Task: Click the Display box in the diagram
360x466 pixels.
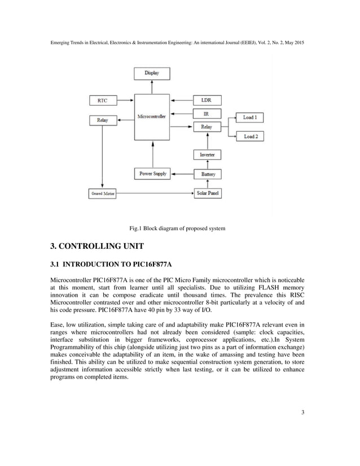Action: [x=151, y=73]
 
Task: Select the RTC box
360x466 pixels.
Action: [x=103, y=100]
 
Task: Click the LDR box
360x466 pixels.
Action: [x=207, y=100]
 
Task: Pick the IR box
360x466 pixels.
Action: [x=207, y=114]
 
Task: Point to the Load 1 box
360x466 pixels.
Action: [x=249, y=117]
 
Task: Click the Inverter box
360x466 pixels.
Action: [x=207, y=155]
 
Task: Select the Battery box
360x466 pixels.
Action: [x=207, y=174]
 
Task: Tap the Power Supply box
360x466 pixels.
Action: [x=153, y=174]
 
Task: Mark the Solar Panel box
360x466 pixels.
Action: [x=207, y=194]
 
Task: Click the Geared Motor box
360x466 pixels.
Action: [x=103, y=194]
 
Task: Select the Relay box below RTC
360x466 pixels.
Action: [x=103, y=120]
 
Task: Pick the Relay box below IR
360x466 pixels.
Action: [x=207, y=127]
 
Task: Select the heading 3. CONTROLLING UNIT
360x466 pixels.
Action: [x=97, y=247]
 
